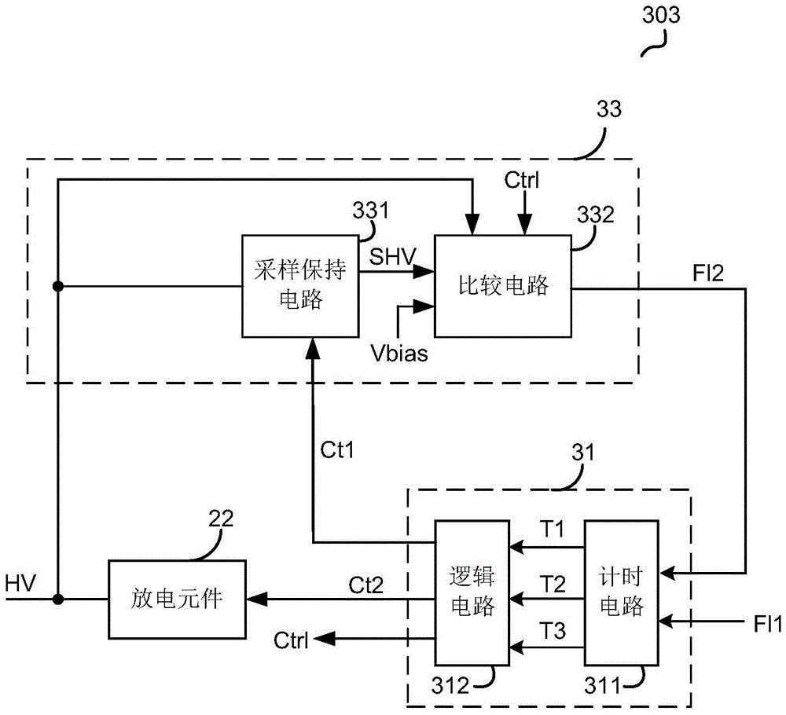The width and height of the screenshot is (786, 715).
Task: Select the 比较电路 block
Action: [x=503, y=286]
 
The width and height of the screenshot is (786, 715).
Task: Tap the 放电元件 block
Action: [x=176, y=599]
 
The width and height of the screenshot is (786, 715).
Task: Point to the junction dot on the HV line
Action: [x=57, y=599]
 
